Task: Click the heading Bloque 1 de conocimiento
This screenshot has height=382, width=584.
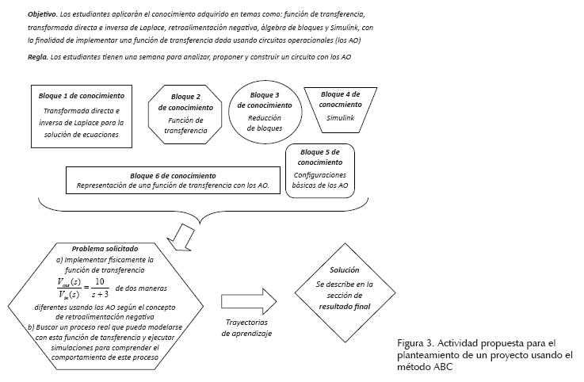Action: tap(82, 96)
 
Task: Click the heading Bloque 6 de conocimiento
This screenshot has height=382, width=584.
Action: tap(173, 176)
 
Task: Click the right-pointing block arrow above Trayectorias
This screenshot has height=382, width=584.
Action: tap(248, 302)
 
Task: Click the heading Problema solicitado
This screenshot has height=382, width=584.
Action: tap(105, 247)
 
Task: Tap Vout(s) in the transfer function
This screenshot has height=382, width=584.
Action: tap(69, 281)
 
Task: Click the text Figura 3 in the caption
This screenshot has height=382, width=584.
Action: tap(415, 343)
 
